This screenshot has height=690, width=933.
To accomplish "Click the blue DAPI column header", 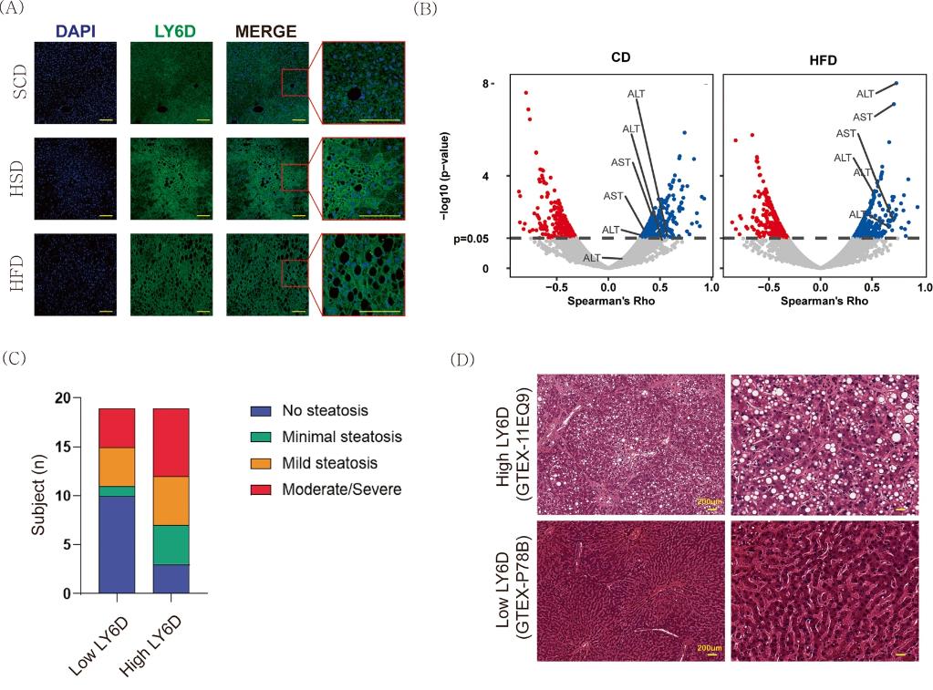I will (74, 31).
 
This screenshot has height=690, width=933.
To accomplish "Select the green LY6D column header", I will (171, 31).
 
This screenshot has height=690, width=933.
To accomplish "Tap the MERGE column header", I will (266, 31).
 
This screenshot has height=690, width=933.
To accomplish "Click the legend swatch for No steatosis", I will (260, 411).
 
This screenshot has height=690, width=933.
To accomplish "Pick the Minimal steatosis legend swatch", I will (260, 438).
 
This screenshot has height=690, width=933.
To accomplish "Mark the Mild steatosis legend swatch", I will (260, 464).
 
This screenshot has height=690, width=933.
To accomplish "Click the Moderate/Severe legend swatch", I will (260, 489).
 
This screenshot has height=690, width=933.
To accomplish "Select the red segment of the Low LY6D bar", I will (117, 428).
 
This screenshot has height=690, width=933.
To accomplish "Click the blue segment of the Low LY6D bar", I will (117, 544).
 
